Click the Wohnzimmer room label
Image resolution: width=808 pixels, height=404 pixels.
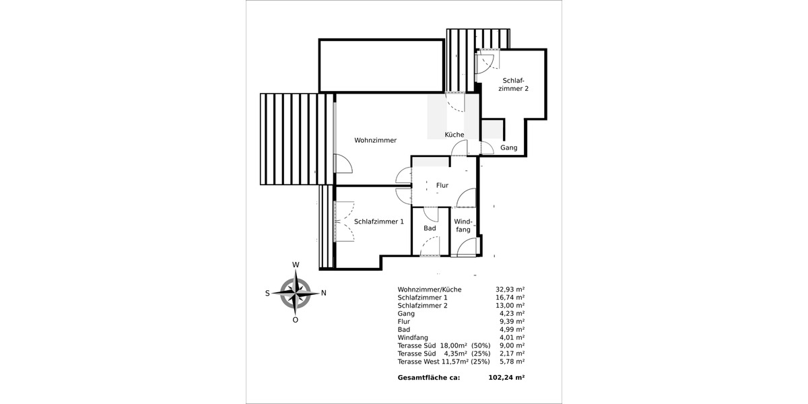coord(375,141)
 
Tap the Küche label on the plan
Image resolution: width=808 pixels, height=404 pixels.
coord(454,135)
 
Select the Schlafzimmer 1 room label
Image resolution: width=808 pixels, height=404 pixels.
coord(378,222)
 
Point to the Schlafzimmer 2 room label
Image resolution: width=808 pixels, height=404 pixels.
coord(513,84)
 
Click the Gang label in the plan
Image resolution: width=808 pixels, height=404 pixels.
coord(508,148)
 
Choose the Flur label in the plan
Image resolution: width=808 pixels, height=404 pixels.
coord(442,185)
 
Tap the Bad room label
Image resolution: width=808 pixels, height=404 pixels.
coord(430,228)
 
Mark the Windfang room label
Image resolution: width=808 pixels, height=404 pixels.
coord(463,226)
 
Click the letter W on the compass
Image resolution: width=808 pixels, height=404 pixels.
coord(295,265)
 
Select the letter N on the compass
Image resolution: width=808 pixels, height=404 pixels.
coord(324,293)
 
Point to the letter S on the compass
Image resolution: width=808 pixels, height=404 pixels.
coord(267,293)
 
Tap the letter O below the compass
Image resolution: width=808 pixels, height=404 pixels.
coord(295,321)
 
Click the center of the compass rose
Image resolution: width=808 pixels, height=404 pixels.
coord(295,293)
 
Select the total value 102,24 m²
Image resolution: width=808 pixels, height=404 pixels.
coord(506,378)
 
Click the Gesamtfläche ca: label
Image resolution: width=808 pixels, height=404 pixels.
coord(429,378)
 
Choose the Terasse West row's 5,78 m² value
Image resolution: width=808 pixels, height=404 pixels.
coord(512,362)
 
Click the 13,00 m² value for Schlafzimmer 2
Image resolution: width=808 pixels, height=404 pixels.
coord(510,306)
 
